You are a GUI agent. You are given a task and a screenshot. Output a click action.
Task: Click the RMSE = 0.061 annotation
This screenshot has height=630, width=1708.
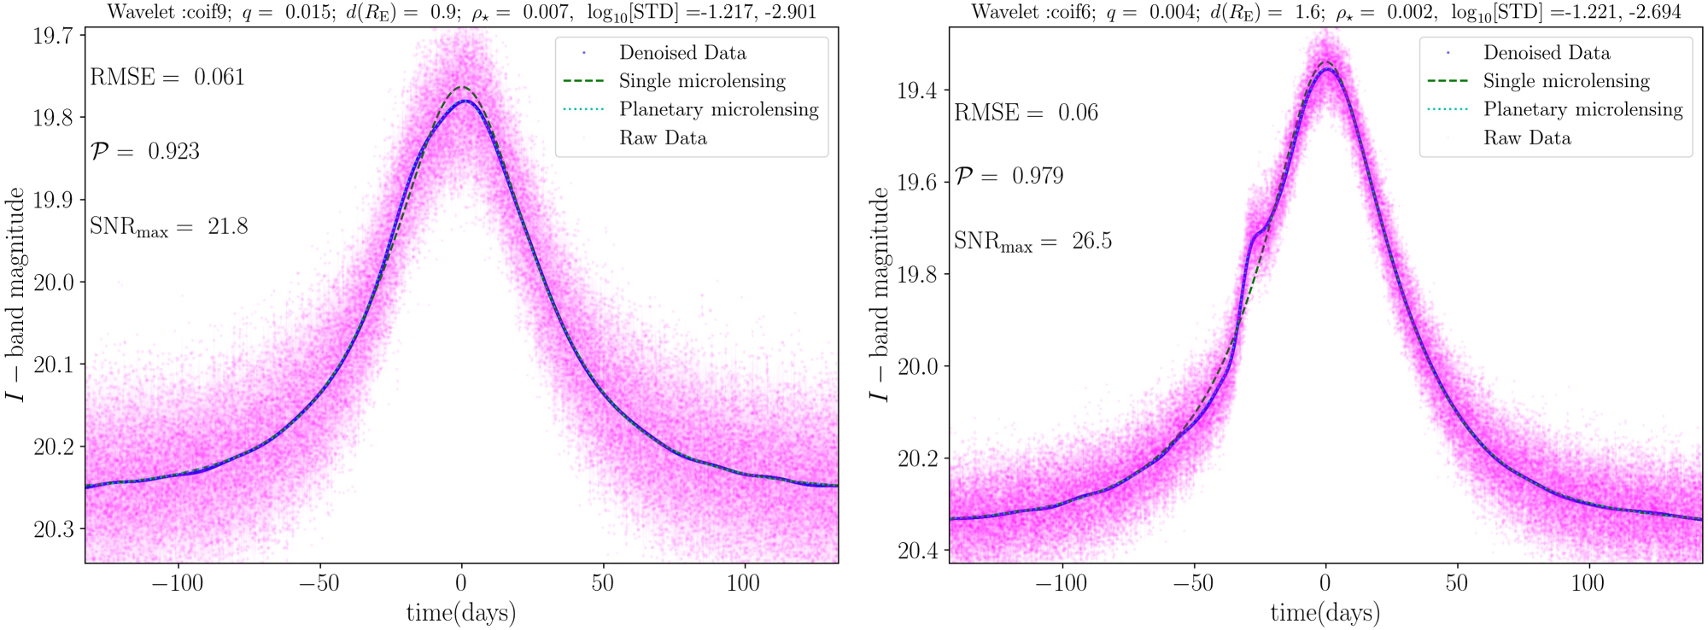click(x=167, y=78)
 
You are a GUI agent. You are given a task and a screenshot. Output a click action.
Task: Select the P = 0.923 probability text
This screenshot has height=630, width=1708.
click(x=145, y=152)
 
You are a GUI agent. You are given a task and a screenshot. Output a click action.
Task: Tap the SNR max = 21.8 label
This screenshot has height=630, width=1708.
click(x=168, y=227)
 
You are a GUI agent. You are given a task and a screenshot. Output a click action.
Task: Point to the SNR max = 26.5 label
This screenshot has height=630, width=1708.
click(x=1032, y=242)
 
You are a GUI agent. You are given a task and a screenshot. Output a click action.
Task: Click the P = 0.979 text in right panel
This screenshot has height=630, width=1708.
click(x=1009, y=177)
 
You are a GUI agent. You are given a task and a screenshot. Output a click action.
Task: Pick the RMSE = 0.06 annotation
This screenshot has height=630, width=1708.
click(x=1026, y=114)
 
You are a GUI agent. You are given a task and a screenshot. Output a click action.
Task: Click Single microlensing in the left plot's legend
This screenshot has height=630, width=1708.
click(x=702, y=81)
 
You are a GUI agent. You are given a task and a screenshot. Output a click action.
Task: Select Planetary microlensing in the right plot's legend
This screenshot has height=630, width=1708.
click(x=1582, y=109)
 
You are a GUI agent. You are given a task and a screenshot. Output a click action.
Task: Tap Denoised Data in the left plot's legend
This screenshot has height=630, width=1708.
click(x=682, y=53)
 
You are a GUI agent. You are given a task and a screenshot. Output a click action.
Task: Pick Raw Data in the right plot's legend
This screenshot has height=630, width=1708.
click(x=1527, y=138)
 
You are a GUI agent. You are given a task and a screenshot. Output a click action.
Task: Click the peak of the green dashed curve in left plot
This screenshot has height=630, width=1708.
click(x=462, y=88)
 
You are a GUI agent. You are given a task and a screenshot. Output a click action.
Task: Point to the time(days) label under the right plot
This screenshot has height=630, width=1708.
click(x=1325, y=612)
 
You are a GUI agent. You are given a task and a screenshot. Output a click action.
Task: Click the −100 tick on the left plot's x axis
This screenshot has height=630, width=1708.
click(x=178, y=584)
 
